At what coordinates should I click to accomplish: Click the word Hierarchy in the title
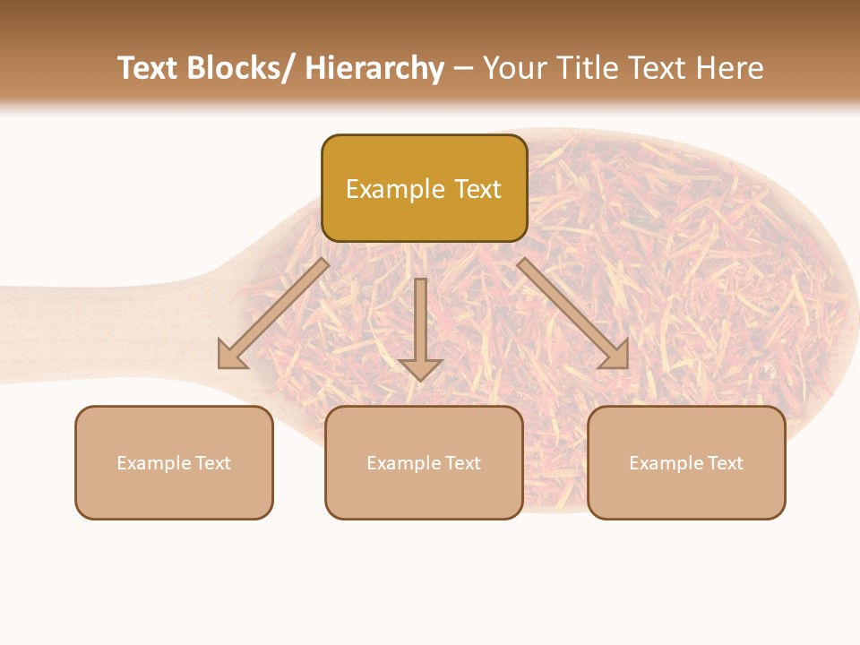pos(374,68)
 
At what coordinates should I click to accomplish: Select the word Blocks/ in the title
pos(240,68)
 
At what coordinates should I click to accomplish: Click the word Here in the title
pos(729,68)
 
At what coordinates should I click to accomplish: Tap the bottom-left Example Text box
pos(174,462)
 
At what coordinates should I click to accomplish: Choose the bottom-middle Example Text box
pos(424,462)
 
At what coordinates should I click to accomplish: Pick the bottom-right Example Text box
pos(686,462)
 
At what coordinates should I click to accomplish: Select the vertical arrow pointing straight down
pos(420,327)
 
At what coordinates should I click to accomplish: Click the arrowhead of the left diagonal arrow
pos(231,357)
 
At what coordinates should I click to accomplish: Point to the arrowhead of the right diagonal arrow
pos(615,357)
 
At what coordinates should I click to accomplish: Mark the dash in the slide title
pos(463,68)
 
